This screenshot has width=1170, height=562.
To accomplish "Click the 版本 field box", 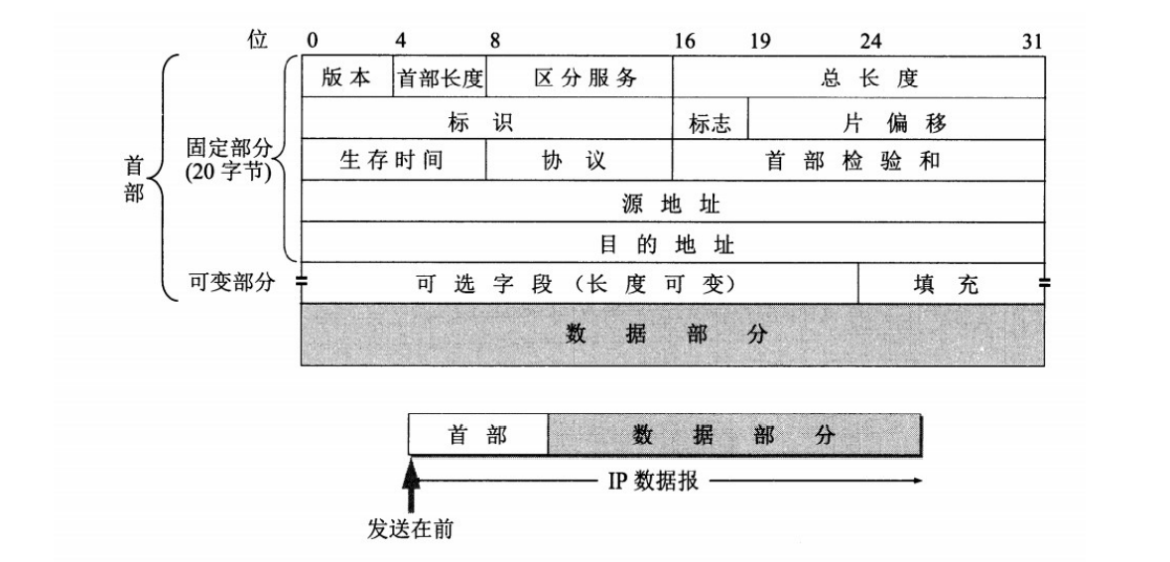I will (347, 77).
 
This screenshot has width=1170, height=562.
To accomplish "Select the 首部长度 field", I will (441, 77).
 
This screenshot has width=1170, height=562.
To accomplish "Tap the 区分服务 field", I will (579, 77).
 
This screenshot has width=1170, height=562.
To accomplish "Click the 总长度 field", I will (858, 77).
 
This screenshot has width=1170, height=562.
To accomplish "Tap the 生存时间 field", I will (392, 161).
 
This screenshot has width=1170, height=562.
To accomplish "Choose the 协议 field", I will (579, 161).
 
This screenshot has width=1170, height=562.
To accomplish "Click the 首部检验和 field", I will (858, 161).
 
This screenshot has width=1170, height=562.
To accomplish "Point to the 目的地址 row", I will (672, 243).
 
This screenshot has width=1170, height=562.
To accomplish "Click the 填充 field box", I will (951, 285).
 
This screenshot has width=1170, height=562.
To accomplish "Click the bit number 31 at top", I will (1033, 42).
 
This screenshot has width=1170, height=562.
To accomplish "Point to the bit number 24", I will (870, 42).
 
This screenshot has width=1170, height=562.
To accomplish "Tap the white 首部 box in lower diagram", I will (478, 435).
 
